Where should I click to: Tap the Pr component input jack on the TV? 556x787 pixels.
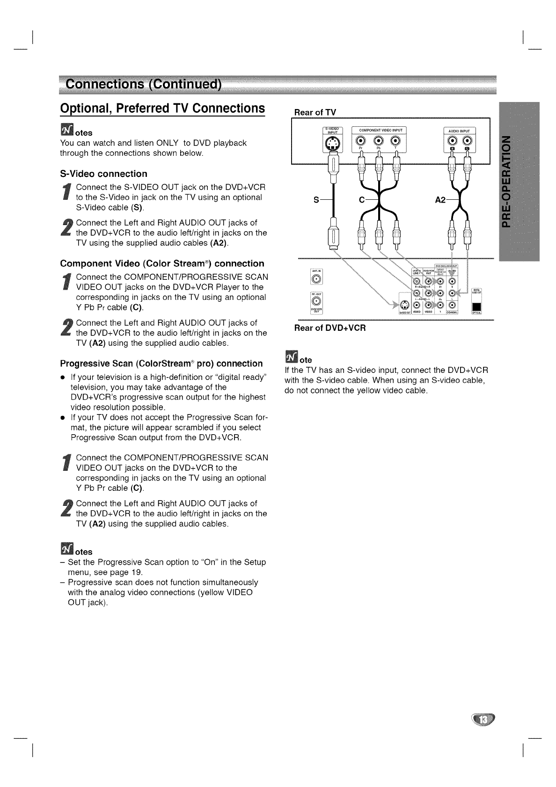(x=361, y=141)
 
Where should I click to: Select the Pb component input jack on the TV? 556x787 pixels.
(x=379, y=141)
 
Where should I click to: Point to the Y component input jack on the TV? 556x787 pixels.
(x=396, y=141)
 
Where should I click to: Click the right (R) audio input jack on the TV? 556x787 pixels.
(x=452, y=141)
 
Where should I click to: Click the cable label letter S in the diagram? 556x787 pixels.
(x=316, y=200)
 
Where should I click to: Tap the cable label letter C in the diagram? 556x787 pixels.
(x=361, y=200)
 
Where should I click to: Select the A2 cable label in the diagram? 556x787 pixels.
(x=440, y=200)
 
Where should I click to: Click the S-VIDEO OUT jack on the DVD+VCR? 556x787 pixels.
(x=404, y=306)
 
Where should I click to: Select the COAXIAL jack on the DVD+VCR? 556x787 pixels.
(x=452, y=306)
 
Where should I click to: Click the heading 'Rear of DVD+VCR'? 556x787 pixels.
(x=329, y=328)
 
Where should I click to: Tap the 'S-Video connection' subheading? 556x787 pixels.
(x=103, y=174)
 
